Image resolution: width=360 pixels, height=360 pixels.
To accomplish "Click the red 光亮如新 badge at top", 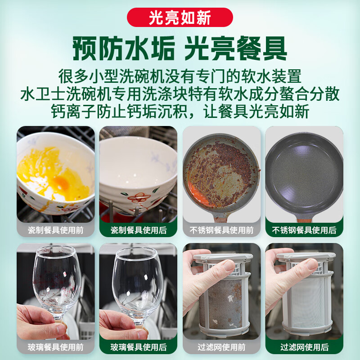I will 180,17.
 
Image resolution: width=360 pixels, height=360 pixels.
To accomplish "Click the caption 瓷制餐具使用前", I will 56,230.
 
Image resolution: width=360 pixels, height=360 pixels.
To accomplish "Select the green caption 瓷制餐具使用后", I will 139,230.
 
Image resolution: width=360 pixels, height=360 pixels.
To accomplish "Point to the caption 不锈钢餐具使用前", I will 221,230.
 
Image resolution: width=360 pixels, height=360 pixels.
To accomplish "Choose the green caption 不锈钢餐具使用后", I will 304,230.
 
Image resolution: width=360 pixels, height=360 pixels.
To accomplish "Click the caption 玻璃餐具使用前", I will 56,347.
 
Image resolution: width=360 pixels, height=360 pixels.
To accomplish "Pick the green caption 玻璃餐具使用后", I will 139,347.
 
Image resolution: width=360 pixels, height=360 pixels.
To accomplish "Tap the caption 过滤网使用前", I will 221,347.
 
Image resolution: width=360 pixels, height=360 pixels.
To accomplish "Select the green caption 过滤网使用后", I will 304,347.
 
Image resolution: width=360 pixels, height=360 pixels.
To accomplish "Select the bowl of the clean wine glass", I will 135,274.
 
